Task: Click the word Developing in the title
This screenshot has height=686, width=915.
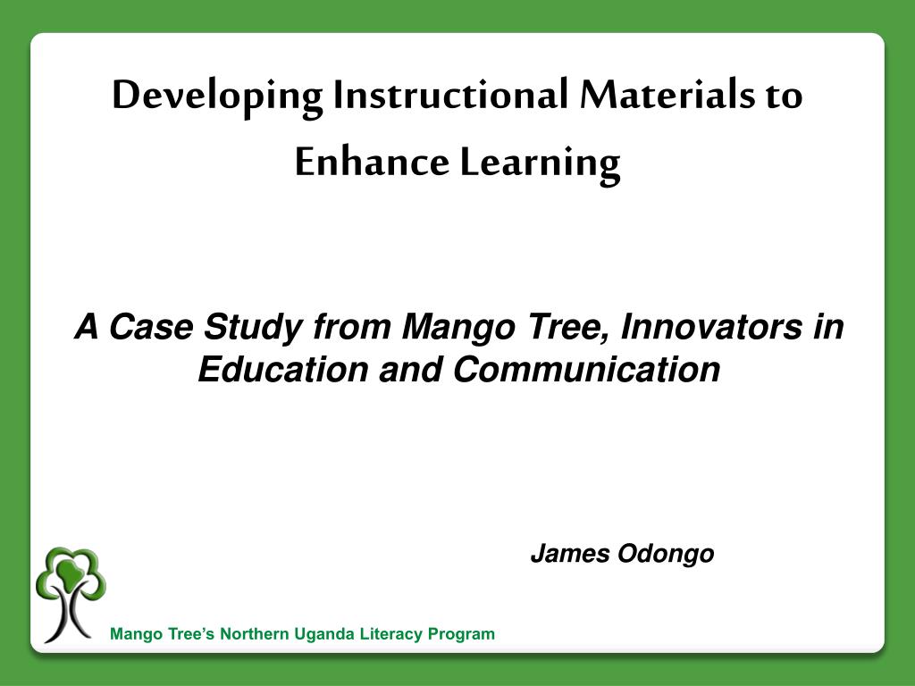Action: tap(217, 96)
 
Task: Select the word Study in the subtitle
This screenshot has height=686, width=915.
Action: tap(254, 329)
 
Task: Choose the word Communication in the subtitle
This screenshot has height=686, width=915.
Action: tap(585, 369)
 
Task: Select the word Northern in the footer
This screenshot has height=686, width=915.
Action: tap(256, 634)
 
